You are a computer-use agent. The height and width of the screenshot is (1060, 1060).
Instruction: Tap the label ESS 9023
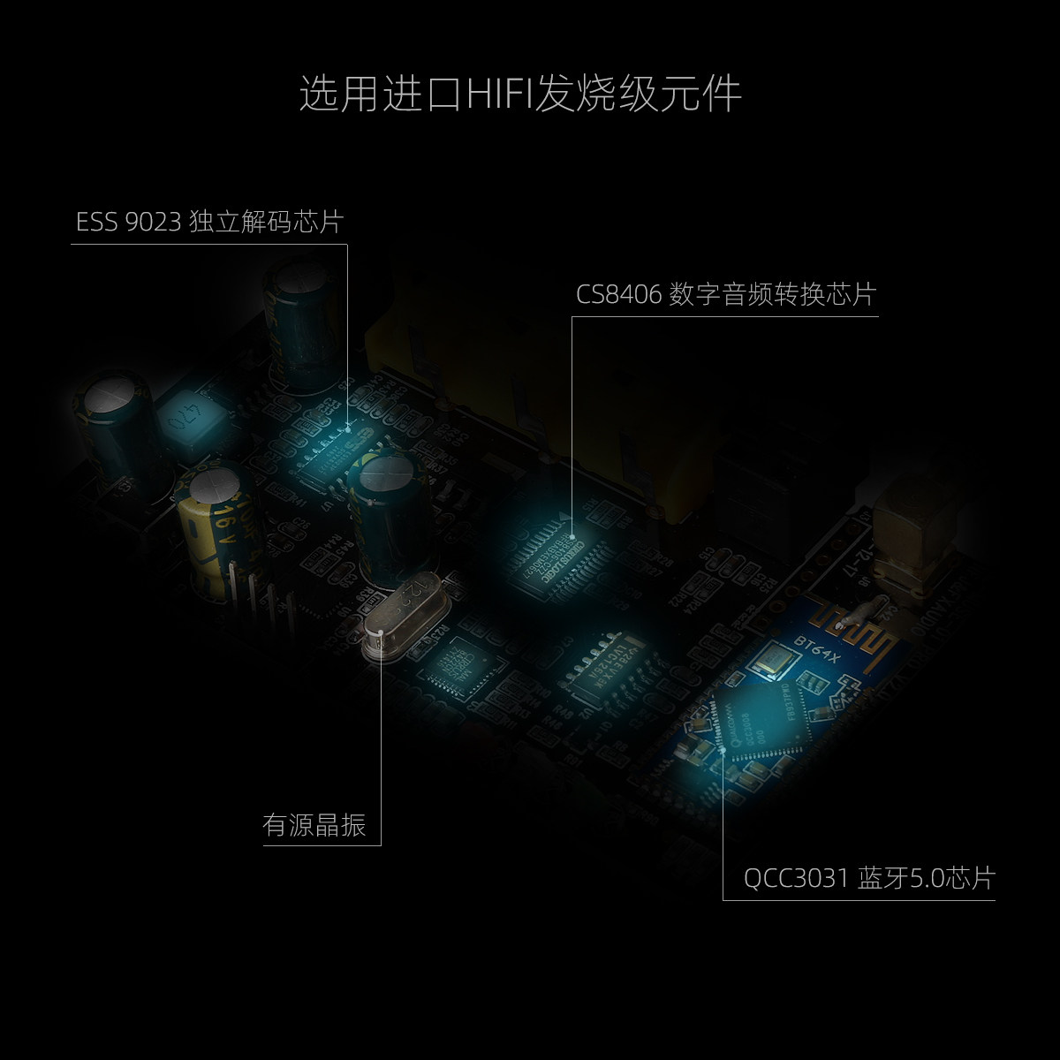click(x=130, y=222)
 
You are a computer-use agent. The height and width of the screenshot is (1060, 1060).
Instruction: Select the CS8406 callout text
click(x=618, y=294)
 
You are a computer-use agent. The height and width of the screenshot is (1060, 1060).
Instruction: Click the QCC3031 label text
click(x=796, y=878)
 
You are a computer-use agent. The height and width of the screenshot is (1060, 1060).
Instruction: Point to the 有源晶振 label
click(x=314, y=825)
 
